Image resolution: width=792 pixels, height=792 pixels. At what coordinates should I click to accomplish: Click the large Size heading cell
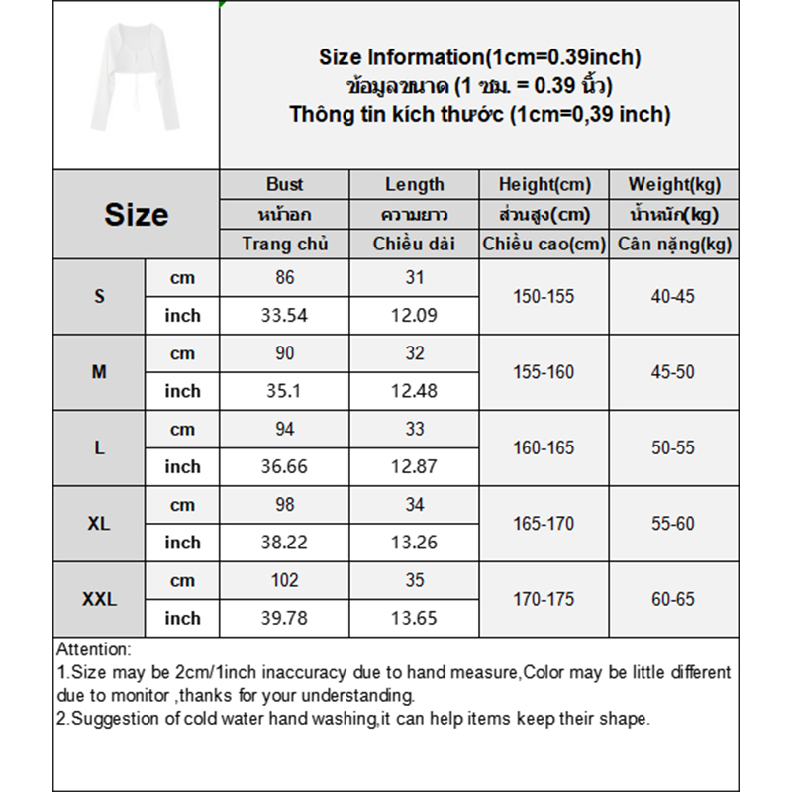point(136,214)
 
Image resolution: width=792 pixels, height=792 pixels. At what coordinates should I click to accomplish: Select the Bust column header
point(284,184)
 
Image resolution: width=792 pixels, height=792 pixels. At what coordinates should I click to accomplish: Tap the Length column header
point(415,184)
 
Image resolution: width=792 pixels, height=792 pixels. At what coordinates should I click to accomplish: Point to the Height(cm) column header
point(544,184)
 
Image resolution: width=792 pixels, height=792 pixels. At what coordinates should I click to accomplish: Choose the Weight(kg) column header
point(674,184)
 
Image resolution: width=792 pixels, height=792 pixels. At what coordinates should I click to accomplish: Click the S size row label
point(99,296)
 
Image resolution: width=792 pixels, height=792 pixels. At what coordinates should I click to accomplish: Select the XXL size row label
point(99,599)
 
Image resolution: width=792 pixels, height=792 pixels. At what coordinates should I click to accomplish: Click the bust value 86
point(284,278)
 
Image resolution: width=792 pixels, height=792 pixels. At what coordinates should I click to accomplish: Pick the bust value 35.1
point(284,391)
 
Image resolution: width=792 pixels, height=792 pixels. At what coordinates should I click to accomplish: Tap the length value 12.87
point(415,466)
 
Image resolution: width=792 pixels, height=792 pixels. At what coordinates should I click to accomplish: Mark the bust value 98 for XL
point(284,505)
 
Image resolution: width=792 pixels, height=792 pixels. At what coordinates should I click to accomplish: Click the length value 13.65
point(415,618)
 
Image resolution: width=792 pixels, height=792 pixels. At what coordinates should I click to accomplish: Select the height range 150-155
point(544,296)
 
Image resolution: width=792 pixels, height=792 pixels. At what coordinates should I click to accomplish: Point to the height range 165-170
point(544,524)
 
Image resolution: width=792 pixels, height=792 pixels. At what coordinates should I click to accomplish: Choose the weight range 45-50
point(674,372)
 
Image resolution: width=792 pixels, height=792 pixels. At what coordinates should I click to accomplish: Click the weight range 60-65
point(674,599)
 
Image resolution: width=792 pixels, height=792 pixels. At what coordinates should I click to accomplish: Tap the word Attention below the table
point(93,649)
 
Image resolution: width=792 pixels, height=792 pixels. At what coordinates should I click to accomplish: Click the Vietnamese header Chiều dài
point(415,244)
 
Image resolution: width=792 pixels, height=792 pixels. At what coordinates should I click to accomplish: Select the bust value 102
point(284,580)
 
